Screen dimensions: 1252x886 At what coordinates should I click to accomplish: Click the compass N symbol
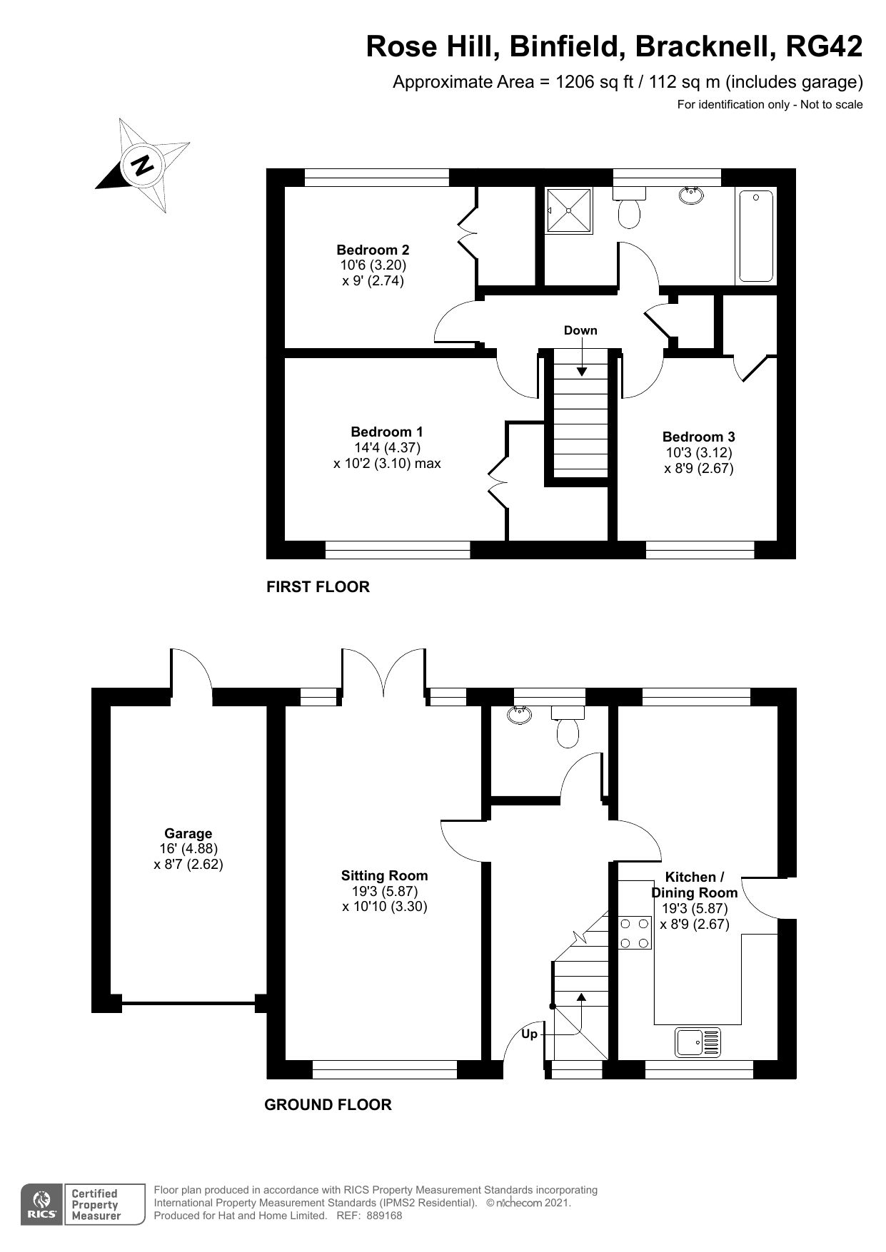pyautogui.click(x=143, y=166)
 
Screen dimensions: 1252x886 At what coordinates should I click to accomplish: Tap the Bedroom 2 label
pyautogui.click(x=373, y=250)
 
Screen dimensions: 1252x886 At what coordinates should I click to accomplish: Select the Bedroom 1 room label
pyautogui.click(x=386, y=432)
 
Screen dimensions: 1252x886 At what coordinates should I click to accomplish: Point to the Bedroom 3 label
pyautogui.click(x=698, y=437)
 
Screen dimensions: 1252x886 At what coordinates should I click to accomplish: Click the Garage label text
pyautogui.click(x=188, y=833)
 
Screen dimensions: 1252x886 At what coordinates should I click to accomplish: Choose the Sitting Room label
pyautogui.click(x=384, y=876)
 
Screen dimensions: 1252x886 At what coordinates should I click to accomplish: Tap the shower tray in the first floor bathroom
pyautogui.click(x=569, y=210)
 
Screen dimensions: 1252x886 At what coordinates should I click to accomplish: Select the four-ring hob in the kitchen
pyautogui.click(x=635, y=933)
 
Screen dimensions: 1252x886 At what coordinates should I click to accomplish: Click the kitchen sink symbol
pyautogui.click(x=698, y=1042)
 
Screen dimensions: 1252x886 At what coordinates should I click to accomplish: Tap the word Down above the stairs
pyautogui.click(x=580, y=330)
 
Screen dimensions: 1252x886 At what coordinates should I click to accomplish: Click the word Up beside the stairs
pyautogui.click(x=529, y=1034)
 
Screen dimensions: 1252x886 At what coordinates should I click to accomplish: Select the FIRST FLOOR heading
pyautogui.click(x=318, y=587)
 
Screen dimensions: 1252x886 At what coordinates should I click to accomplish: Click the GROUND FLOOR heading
pyautogui.click(x=328, y=1105)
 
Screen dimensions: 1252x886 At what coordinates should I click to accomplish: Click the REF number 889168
pyautogui.click(x=384, y=1216)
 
